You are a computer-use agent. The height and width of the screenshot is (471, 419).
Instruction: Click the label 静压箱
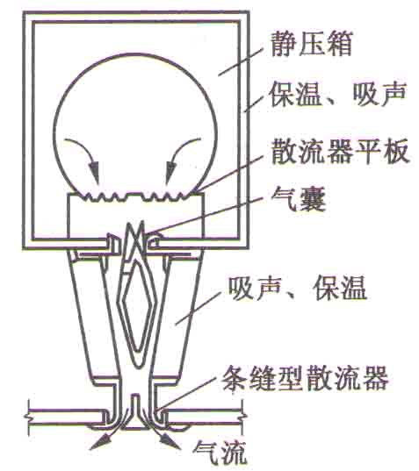pyautogui.click(x=311, y=44)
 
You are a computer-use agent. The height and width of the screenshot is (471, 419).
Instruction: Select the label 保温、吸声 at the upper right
pyautogui.click(x=338, y=95)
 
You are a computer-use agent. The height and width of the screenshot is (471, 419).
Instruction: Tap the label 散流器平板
pyautogui.click(x=340, y=151)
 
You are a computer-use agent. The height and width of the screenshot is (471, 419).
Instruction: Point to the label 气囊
pyautogui.click(x=298, y=199)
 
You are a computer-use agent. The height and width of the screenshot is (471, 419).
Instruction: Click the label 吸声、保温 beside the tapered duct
pyautogui.click(x=297, y=289)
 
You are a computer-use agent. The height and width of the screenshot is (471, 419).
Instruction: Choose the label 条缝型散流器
pyautogui.click(x=305, y=377)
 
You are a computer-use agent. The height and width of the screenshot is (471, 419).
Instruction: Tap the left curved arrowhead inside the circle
pyautogui.click(x=95, y=172)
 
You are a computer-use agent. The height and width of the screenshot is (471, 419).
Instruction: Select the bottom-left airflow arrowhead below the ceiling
pyautogui.click(x=101, y=442)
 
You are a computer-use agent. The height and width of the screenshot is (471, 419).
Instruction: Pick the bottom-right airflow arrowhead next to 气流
pyautogui.click(x=170, y=442)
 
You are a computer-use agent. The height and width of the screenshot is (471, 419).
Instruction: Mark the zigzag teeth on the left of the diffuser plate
pyautogui.click(x=103, y=196)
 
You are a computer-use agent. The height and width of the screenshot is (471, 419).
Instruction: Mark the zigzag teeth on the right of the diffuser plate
pyautogui.click(x=164, y=196)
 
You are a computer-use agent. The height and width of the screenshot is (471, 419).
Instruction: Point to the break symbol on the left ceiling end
pyautogui.click(x=28, y=417)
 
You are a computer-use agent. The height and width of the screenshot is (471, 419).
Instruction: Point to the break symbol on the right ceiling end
pyautogui.click(x=243, y=417)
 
